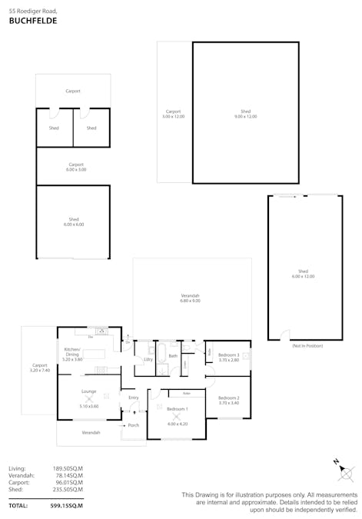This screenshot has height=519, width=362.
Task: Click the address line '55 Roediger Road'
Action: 32,12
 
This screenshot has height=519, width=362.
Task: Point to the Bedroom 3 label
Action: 229,357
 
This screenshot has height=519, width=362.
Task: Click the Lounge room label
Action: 88,393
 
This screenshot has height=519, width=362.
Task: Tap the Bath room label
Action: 173,356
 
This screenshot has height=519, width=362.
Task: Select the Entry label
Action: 134,398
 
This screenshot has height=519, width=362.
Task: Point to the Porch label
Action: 134,425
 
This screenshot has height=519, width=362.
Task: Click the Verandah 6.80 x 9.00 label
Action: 190,298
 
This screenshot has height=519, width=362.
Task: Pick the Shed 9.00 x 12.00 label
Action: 246,113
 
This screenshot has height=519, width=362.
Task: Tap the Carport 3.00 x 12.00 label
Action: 174,113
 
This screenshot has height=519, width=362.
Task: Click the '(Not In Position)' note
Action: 307,346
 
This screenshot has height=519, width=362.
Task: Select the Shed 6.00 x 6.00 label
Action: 74,221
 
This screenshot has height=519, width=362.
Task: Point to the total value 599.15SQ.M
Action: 66,505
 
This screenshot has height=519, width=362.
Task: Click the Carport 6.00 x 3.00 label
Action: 76,166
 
